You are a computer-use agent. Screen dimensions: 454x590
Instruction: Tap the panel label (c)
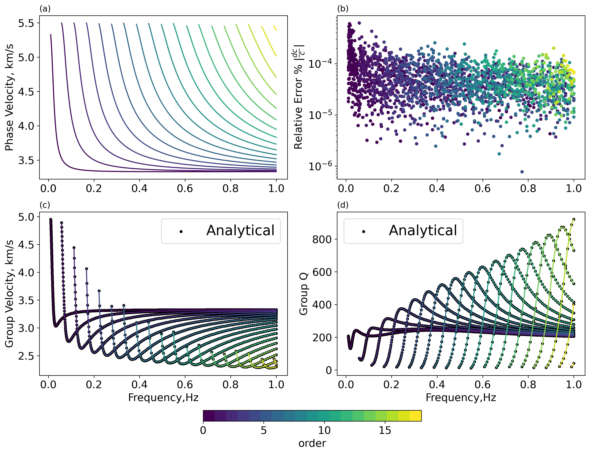(x=45, y=205)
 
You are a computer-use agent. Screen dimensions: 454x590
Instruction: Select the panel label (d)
(x=343, y=205)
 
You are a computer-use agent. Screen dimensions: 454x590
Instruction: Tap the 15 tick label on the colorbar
(x=385, y=431)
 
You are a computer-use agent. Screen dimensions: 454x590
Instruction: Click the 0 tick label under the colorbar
(x=203, y=431)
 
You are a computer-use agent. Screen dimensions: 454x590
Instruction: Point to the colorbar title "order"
(x=312, y=443)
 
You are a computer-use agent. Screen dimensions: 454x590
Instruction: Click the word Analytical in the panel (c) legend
(x=240, y=231)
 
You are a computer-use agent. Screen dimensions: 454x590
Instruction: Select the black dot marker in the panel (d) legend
(x=364, y=232)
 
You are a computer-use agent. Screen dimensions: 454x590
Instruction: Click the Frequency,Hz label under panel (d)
(x=461, y=398)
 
